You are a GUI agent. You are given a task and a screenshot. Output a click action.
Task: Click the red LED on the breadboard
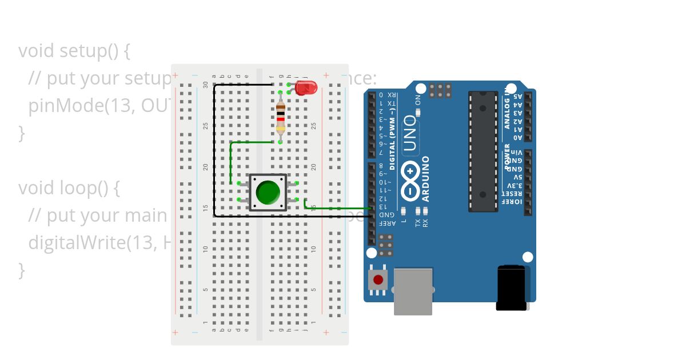click(306, 87)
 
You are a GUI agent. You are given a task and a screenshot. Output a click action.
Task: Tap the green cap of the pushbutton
click(268, 193)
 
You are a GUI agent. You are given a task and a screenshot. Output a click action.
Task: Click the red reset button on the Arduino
click(378, 280)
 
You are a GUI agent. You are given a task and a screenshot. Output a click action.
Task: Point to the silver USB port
click(413, 291)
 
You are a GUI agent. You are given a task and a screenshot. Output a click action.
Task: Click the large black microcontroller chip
click(483, 151)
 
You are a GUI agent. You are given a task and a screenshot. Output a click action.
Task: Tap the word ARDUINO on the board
click(426, 179)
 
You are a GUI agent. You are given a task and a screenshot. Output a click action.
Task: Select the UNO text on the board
click(410, 133)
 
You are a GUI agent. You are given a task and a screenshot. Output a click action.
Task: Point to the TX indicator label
click(418, 222)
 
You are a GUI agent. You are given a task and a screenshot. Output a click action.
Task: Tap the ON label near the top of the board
click(418, 99)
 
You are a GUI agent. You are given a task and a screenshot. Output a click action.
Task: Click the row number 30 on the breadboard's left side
click(206, 84)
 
